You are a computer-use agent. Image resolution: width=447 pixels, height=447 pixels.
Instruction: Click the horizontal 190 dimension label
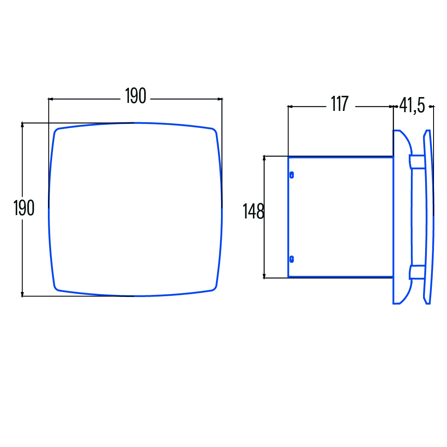tap(136, 96)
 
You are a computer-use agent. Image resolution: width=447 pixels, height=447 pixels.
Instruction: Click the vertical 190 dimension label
tap(24, 208)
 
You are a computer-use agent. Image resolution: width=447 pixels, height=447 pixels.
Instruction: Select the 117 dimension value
tap(340, 104)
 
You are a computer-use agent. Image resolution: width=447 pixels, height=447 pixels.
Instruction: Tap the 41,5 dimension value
tap(412, 105)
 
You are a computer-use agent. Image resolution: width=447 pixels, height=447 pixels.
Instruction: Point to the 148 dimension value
tap(253, 211)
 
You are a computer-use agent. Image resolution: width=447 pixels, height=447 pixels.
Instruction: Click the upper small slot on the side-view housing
tap(292, 175)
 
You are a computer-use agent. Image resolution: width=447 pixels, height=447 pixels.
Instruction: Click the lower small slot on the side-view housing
tap(292, 259)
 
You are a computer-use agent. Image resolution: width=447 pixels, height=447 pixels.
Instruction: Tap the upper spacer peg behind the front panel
tap(417, 162)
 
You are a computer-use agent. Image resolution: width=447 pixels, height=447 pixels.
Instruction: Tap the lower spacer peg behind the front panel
tap(417, 272)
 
